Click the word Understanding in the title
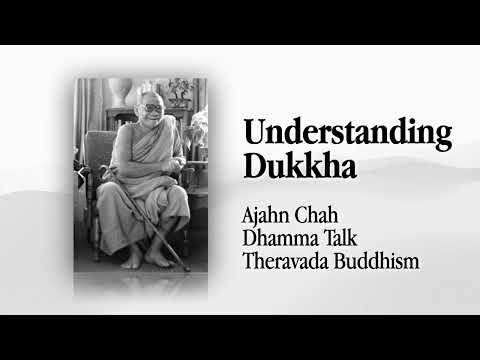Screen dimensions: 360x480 coord(347,134)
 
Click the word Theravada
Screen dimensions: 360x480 coord(284,261)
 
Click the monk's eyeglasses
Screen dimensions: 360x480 coord(149,108)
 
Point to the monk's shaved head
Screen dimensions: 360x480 coord(148,96)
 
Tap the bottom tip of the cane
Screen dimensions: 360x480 coord(186,268)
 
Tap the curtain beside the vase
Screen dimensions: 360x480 coord(93,110)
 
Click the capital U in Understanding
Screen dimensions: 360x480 coord(254,133)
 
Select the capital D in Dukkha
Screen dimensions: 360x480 coord(254,165)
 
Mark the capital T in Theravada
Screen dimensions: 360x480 coord(248,261)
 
